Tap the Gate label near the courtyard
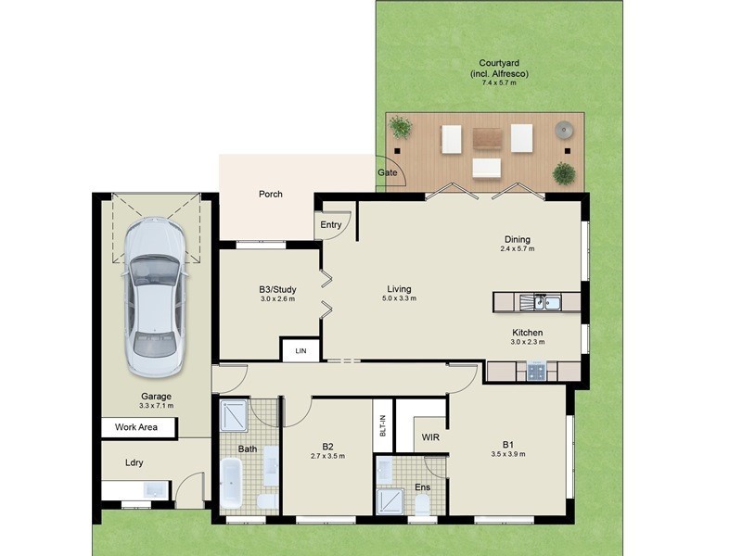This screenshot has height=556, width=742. pyautogui.click(x=387, y=173)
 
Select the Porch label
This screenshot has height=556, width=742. pyautogui.click(x=270, y=194)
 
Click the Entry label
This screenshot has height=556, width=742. pyautogui.click(x=331, y=225)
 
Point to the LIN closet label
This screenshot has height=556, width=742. pyautogui.click(x=301, y=351)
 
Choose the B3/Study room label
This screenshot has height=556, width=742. pyautogui.click(x=277, y=289)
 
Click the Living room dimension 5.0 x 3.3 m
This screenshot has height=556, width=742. pyautogui.click(x=399, y=298)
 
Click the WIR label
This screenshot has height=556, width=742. pyautogui.click(x=429, y=436)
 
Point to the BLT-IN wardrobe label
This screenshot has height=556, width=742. pyautogui.click(x=383, y=426)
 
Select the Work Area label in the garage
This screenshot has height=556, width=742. pyautogui.click(x=135, y=428)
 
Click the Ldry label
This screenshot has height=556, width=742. pyautogui.click(x=134, y=462)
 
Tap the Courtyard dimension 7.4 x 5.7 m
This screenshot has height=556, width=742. pyautogui.click(x=493, y=83)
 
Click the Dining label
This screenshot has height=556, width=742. pyautogui.click(x=518, y=238)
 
